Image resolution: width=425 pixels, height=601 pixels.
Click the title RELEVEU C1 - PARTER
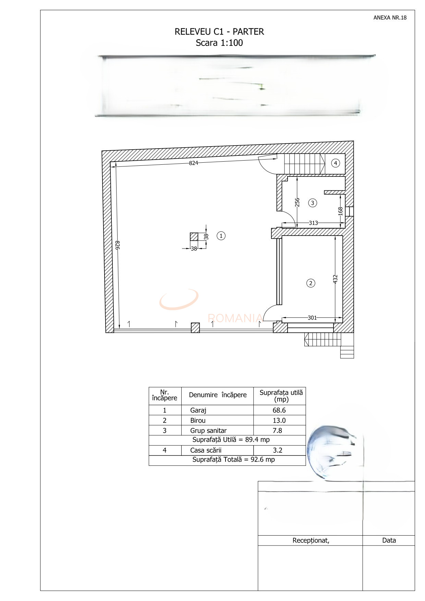(219, 32)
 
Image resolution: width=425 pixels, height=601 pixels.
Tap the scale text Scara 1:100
(219, 43)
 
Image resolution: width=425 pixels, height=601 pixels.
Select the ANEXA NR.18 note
(390, 18)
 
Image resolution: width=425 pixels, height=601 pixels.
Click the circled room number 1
(221, 236)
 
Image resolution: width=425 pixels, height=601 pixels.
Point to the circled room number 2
(311, 283)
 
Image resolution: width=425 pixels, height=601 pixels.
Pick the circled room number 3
(312, 203)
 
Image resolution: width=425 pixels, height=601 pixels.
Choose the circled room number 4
(335, 163)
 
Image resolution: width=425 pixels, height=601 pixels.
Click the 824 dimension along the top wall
(194, 163)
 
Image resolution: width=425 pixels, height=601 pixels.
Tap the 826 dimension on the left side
(117, 245)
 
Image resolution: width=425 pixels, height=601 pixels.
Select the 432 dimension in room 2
(336, 279)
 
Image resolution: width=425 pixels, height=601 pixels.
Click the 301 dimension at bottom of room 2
(312, 318)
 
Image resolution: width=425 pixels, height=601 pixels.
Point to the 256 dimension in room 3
(297, 202)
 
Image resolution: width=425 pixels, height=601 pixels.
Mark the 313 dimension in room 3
(313, 223)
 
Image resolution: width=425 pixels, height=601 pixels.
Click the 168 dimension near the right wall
(340, 211)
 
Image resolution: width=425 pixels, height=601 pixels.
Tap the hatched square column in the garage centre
(194, 237)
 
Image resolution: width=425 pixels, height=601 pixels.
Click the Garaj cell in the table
(198, 410)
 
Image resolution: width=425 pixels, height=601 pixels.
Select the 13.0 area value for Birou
(279, 421)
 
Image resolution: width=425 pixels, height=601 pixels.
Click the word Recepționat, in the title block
(311, 540)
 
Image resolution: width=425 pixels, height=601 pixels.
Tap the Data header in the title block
(389, 540)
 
